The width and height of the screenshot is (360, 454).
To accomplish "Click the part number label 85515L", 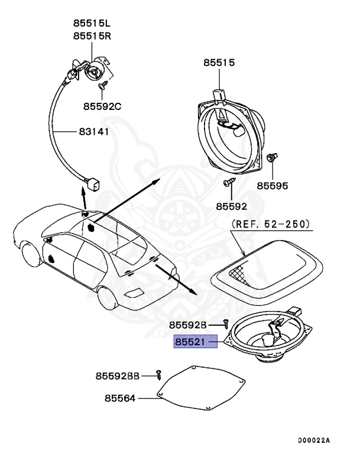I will [92, 24].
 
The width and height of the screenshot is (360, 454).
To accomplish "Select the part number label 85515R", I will [92, 36].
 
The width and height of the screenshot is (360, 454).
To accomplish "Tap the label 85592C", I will [102, 106].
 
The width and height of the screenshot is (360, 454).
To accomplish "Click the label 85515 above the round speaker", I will [219, 62].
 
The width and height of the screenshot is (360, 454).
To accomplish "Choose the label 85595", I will [272, 186].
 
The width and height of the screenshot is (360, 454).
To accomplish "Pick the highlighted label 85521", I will [195, 342].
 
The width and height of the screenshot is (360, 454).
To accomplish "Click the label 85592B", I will [188, 325].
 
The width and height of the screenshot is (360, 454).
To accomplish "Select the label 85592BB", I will [118, 375].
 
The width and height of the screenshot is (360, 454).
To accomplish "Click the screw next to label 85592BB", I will [158, 373].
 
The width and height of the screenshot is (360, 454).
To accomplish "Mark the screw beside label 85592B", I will [226, 323].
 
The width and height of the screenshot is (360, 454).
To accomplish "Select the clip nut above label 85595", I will [272, 159].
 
